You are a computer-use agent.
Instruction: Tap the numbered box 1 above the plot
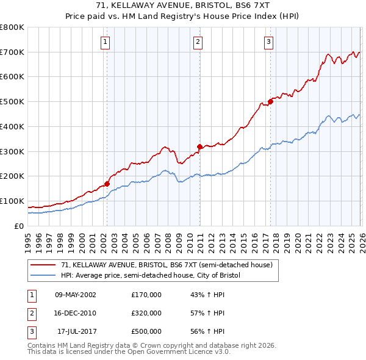click(106, 42)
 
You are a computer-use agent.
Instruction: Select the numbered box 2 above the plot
click(199, 42)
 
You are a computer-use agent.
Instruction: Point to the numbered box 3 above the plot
click(269, 42)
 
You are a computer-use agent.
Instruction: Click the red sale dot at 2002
click(107, 183)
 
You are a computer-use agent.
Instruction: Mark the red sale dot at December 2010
click(199, 146)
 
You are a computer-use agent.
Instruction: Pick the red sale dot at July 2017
click(270, 101)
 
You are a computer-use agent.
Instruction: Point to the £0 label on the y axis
click(19, 226)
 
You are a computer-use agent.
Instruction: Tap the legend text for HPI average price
click(151, 275)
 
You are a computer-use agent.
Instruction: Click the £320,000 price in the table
click(146, 313)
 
